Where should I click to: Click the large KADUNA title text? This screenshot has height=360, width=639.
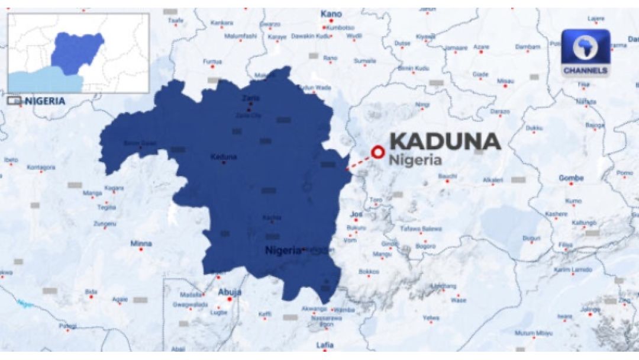(x=445, y=142)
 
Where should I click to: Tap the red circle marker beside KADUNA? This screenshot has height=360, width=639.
(x=376, y=152)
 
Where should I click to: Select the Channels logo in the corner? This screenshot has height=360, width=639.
(x=585, y=53)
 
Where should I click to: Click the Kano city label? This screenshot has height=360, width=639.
(x=331, y=14)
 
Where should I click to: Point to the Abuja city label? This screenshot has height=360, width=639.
(x=230, y=291)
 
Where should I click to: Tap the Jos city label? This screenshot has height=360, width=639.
(x=356, y=214)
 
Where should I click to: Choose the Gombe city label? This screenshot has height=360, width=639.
(x=571, y=178)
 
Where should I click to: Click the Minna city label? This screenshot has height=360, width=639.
(x=141, y=243)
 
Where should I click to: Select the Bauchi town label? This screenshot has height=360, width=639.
(x=448, y=176)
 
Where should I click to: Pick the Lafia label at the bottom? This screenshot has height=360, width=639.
(x=325, y=345)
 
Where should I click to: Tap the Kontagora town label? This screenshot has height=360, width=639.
(x=41, y=168)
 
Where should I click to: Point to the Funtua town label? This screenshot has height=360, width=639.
(x=212, y=62)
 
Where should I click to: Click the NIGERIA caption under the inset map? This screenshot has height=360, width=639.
(x=45, y=101)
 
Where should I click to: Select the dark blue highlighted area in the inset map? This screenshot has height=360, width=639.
(x=77, y=52)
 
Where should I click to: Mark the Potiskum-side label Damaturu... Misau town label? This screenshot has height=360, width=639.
(x=505, y=81)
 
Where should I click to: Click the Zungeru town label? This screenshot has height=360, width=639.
(x=105, y=223)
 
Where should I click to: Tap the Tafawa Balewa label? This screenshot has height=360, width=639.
(x=421, y=229)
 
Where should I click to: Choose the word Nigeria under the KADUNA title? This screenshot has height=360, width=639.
(x=415, y=160)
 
